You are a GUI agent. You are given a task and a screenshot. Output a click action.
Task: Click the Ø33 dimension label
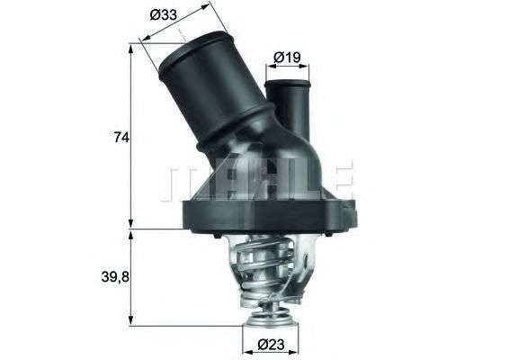click(x=164, y=15)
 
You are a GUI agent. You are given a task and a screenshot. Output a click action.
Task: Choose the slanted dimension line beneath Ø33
click(x=177, y=24)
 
